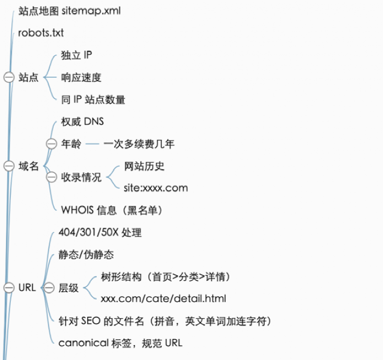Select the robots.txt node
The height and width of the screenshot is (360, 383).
tap(41, 33)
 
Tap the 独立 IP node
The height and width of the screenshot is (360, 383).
tap(76, 55)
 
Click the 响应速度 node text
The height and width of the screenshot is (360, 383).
tap(81, 78)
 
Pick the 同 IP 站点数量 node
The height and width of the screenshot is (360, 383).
tap(93, 99)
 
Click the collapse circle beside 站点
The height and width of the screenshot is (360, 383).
tap(9, 77)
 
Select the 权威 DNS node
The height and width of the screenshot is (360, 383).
tap(82, 121)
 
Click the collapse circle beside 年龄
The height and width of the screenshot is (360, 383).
tap(51, 144)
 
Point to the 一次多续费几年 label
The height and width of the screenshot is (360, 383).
tap(139, 144)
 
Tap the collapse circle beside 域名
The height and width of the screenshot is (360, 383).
tap(9, 166)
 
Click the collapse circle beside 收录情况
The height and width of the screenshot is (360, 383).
tap(51, 177)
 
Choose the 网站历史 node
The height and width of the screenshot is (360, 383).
tap(144, 166)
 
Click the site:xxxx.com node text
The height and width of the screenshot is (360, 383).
tap(156, 188)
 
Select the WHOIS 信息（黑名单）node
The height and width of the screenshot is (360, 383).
tap(112, 210)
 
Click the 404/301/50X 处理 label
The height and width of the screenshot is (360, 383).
tap(100, 232)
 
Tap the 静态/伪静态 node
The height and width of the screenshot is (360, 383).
tap(86, 255)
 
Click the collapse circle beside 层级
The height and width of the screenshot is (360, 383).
tap(49, 288)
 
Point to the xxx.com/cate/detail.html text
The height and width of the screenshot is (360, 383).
tap(163, 298)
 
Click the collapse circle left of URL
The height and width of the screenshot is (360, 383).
tap(9, 288)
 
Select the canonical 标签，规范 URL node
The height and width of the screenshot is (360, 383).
tap(121, 343)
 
